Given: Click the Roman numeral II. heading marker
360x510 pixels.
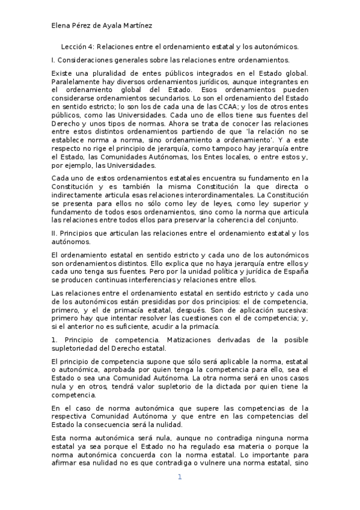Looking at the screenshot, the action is coord(54,233).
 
